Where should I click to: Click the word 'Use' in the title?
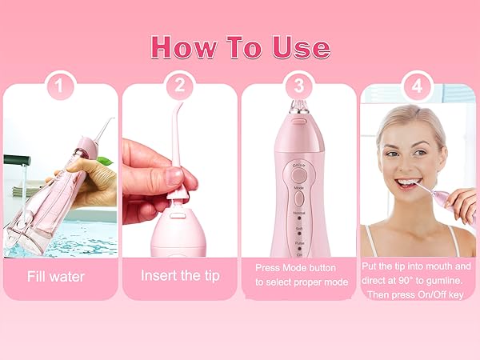click(x=299, y=46)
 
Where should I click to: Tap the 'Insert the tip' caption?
click(x=179, y=276)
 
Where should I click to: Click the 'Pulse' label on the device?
click(x=298, y=241)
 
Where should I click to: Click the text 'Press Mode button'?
click(x=295, y=268)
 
